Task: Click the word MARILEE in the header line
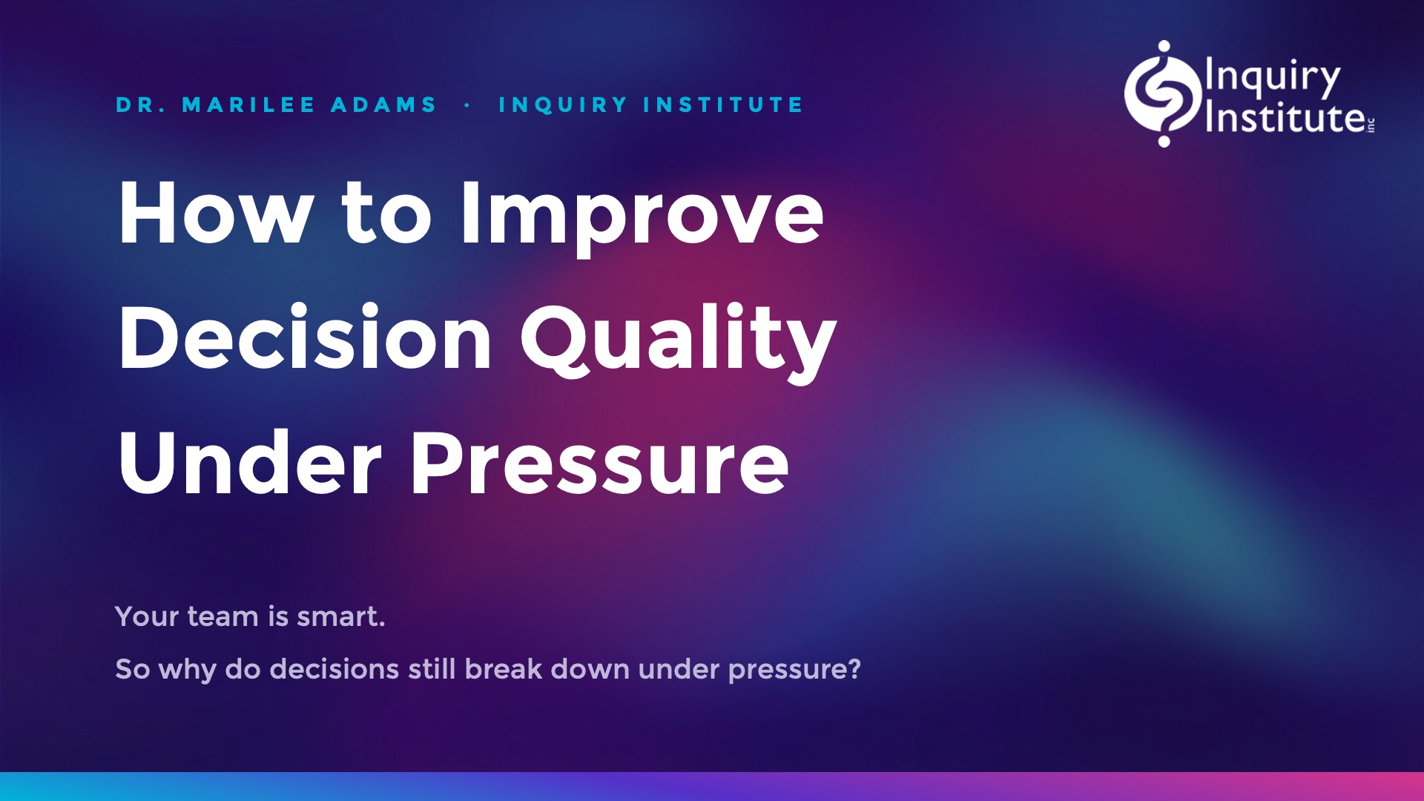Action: click(x=248, y=105)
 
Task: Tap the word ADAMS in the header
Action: click(x=383, y=105)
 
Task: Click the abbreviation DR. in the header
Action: click(x=141, y=105)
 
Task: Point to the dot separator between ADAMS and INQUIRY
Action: click(x=467, y=105)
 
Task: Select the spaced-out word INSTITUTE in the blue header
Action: click(x=723, y=105)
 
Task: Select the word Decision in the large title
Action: click(x=305, y=337)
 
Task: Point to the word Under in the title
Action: click(x=250, y=463)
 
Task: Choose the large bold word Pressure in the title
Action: click(x=600, y=463)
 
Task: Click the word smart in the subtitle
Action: click(x=338, y=616)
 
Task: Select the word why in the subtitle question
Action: click(x=187, y=670)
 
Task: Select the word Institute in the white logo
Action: click(x=1285, y=117)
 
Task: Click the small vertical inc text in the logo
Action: click(x=1371, y=125)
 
